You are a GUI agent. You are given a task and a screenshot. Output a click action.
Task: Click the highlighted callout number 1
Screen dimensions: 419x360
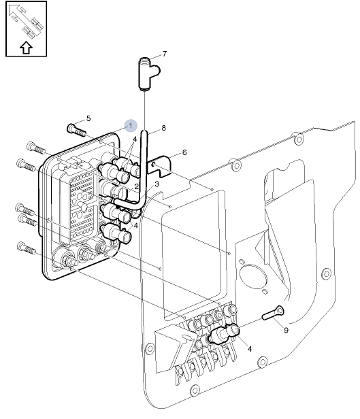pos(131,125)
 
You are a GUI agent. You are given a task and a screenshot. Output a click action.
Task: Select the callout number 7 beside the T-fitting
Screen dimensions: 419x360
pos(164,53)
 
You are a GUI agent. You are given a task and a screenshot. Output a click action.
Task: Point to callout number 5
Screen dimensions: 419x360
pos(88,118)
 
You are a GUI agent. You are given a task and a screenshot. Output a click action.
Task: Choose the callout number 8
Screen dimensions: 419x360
pos(163,128)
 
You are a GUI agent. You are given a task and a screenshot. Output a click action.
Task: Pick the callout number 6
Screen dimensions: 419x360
pos(183,153)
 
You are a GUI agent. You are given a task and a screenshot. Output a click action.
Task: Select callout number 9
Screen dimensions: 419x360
pos(286,330)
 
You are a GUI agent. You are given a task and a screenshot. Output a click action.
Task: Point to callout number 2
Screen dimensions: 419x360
pos(136,186)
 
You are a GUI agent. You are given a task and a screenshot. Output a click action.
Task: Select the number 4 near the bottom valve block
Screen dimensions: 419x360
pos(250,349)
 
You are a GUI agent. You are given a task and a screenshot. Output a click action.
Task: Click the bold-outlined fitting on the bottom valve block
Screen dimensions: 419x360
pos(225,333)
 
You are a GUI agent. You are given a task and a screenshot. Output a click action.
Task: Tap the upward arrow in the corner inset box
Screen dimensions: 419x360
pos(26,47)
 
